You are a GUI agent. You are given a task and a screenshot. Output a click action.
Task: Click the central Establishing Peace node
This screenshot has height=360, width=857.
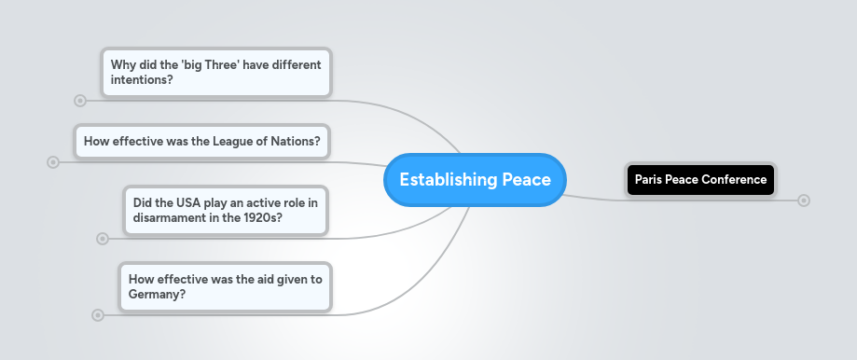point(475,179)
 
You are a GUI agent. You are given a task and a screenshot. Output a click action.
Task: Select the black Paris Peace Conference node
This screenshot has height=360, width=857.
point(700,179)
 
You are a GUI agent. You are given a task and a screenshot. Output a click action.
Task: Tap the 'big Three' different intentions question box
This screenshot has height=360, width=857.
point(216,73)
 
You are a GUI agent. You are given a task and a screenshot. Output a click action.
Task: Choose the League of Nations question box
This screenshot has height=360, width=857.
point(201,142)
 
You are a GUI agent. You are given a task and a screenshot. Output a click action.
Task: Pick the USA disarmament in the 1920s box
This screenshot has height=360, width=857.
point(226,210)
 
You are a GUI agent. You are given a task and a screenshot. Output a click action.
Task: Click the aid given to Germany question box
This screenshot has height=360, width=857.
point(225,286)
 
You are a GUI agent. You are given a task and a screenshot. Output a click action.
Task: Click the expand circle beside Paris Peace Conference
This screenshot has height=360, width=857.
point(804,201)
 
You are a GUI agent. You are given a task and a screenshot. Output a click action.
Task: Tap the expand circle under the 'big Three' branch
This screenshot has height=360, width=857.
point(80,100)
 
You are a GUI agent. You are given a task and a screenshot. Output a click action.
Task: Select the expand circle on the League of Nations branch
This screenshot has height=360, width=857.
point(53,162)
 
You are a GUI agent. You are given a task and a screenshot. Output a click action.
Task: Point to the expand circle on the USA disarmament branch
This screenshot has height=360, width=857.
point(103,239)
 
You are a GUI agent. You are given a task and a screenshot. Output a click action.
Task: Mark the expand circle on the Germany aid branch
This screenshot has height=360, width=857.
point(98,315)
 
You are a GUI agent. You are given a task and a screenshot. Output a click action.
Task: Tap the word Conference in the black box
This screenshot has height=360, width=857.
point(735,179)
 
